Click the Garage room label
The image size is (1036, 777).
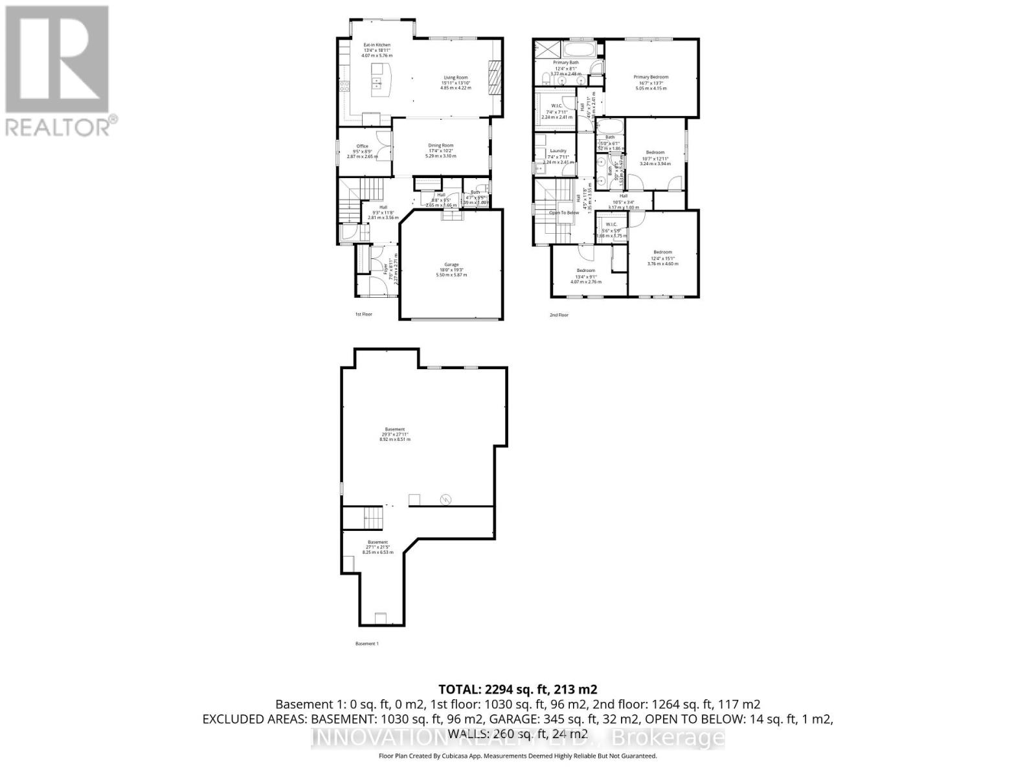coord(451,265)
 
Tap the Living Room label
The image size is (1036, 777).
coord(455,78)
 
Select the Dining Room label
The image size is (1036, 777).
coord(440,146)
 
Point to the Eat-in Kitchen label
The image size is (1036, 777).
coord(377,45)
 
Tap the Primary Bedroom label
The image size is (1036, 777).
coord(651,77)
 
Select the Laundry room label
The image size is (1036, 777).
coord(557,151)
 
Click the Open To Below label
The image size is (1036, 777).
coord(564,212)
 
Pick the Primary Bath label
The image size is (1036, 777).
coord(565,63)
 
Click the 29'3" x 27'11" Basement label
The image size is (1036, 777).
coord(395,429)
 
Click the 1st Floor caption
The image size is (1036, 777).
coord(363,315)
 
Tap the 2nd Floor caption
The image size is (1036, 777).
coord(559,315)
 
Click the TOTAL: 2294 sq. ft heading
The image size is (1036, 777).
coord(517,689)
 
